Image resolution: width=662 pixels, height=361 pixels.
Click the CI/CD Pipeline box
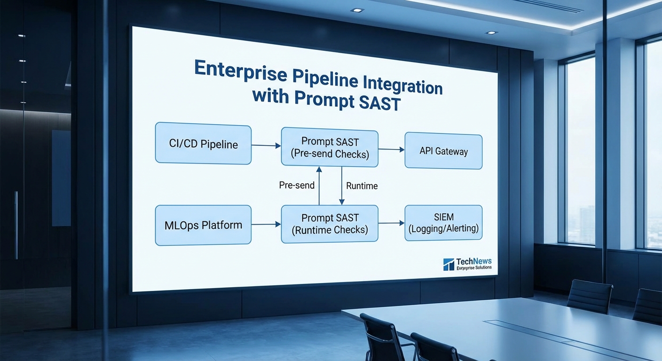pos(203,143)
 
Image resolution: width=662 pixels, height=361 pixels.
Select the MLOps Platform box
pos(203,225)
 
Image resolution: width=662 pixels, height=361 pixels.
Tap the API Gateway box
pos(443,151)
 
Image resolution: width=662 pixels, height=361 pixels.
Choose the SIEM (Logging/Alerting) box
pos(443,223)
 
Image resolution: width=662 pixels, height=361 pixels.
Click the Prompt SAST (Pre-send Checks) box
pos(330,148)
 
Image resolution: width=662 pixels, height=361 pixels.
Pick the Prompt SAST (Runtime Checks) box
pos(330,224)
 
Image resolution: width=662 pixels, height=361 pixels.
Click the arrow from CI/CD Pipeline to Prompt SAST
pos(266,146)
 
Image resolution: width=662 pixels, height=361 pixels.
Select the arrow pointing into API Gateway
pos(391,149)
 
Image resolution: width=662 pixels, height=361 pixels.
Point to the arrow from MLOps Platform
pos(266,225)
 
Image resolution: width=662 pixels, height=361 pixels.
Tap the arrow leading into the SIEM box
pos(391,223)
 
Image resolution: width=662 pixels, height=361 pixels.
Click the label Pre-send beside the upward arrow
pos(297,185)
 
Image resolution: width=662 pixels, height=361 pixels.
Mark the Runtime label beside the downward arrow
pos(362,186)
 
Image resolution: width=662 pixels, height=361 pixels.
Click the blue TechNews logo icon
pos(449,264)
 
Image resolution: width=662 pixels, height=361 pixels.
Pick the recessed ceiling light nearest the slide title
pos(357,10)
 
